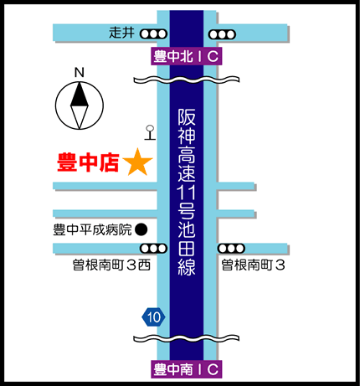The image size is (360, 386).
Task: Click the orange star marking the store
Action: coord(137,162)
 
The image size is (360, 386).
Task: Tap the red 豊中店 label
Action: coord(88,162)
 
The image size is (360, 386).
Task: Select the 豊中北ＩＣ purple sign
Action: coord(187,56)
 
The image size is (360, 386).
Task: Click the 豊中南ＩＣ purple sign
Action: coord(187,369)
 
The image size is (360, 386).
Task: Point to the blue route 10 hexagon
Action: coord(153,317)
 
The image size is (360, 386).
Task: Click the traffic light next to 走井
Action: coord(153,34)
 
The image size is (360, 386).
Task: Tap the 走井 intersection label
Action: coord(121,33)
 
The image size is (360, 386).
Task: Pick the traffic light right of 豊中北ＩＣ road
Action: coord(222,34)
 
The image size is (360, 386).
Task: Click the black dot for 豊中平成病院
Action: coord(141,229)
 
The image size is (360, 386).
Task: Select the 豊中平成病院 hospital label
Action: coord(92,230)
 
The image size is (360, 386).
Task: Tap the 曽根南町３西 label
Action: coord(111,265)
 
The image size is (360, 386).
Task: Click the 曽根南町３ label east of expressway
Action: coord(254,265)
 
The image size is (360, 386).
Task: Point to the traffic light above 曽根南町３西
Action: coord(153,249)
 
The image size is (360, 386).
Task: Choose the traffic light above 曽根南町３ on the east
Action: coord(231,248)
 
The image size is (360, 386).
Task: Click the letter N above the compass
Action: coord(80,73)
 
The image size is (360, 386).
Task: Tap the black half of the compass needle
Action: coord(80,95)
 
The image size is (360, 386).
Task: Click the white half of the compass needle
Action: coord(80,116)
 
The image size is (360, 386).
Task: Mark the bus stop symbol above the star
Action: coord(150,132)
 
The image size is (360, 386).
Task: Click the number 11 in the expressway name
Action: coord(187,192)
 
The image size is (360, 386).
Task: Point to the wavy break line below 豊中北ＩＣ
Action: coord(187,80)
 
